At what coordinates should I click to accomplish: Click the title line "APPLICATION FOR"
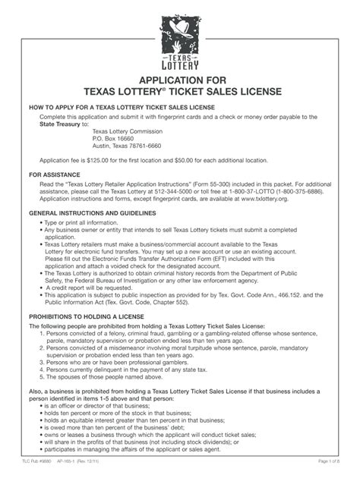pos(180,80)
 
